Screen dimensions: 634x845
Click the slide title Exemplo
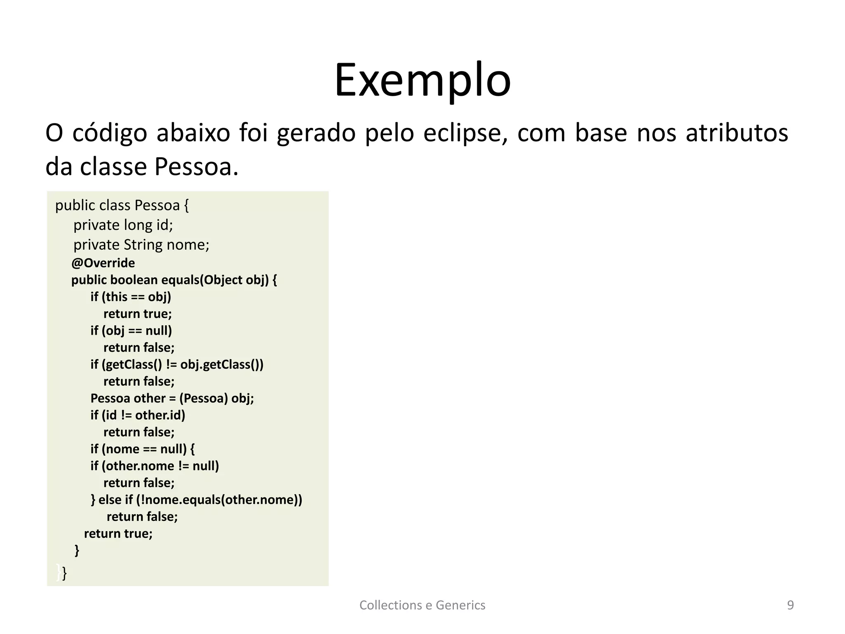click(x=422, y=80)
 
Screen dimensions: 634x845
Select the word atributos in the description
click(x=736, y=133)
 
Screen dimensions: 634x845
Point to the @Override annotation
click(x=103, y=263)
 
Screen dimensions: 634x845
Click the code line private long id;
click(x=123, y=225)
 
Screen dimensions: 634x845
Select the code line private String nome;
click(x=141, y=245)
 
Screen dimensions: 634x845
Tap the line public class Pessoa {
click(x=122, y=205)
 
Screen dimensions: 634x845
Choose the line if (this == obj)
click(x=131, y=297)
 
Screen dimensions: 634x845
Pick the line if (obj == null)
click(x=131, y=331)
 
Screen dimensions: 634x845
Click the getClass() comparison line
click(x=177, y=364)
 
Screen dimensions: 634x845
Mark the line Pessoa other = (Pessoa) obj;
click(x=172, y=398)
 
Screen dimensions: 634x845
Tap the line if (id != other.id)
click(x=138, y=415)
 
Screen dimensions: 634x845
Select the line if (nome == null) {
click(x=142, y=449)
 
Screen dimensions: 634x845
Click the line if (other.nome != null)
click(x=155, y=466)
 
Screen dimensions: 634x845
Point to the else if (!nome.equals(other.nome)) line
click(x=196, y=500)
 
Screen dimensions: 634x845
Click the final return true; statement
click(x=118, y=534)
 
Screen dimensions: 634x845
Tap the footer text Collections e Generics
click(x=422, y=605)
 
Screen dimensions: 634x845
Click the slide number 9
click(x=790, y=605)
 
